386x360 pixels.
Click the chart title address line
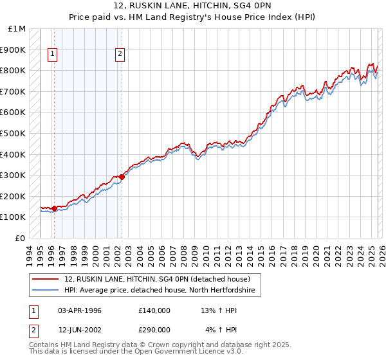coord(192,6)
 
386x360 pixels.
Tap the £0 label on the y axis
coord(20,239)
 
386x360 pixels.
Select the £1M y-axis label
coord(17,29)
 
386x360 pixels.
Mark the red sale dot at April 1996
coord(54,208)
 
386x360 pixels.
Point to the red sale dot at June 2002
coord(122,177)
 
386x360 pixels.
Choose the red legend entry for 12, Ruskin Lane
coord(161,279)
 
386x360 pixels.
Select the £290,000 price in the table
coord(154,330)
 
